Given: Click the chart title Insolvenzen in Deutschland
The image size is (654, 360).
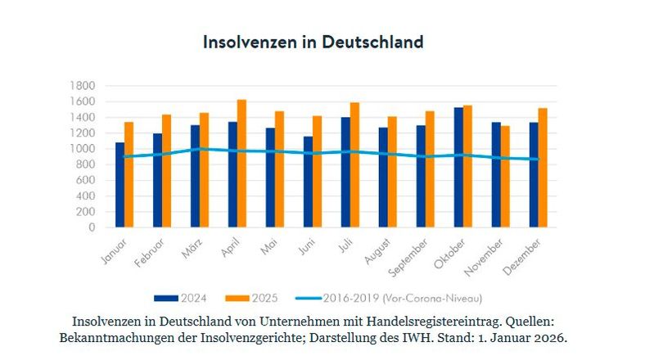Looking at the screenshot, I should tap(313, 42).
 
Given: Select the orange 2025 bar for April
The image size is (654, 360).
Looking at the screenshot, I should tap(241, 164).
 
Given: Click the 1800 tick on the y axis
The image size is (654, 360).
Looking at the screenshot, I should tap(84, 86).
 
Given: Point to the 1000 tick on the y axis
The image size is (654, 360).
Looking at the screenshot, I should tap(84, 149).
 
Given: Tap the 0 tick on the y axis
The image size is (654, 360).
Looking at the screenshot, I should tap(92, 227).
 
